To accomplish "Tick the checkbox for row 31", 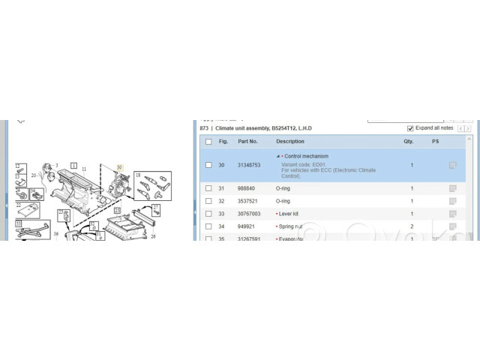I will [208, 188].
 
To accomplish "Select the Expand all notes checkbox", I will [410, 128].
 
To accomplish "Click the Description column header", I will [290, 141].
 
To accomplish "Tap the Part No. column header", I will [247, 141].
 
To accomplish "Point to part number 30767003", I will [249, 214].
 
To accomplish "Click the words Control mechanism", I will [306, 157].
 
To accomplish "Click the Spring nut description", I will [295, 226].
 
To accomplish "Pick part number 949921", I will [247, 226].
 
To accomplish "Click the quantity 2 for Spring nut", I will [412, 226].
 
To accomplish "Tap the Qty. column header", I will [409, 141].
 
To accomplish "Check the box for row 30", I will [208, 165].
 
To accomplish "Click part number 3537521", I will [247, 201].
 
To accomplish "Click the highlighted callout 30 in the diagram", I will [118, 167].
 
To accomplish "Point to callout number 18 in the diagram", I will [138, 175].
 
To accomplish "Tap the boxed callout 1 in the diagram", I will [73, 164].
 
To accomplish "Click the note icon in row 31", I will [452, 188].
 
